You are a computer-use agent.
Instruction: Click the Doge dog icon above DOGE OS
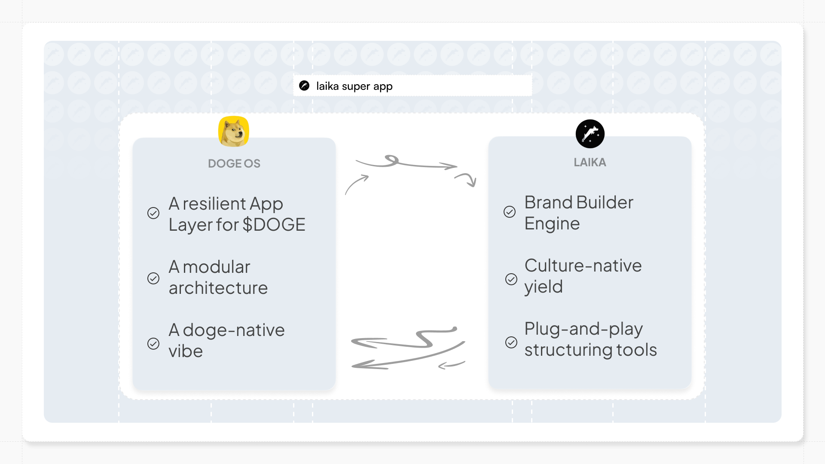(234, 131)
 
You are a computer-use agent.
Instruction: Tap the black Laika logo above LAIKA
(590, 134)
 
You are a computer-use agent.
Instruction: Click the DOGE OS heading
(234, 164)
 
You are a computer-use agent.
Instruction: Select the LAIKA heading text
(590, 162)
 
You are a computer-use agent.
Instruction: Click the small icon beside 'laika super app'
(304, 86)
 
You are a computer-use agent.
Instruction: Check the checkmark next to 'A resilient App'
(153, 213)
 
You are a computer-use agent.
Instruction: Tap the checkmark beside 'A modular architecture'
(153, 278)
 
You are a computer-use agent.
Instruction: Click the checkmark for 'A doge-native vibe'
(153, 344)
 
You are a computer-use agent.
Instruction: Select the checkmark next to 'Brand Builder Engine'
(510, 212)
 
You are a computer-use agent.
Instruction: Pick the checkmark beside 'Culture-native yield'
(511, 279)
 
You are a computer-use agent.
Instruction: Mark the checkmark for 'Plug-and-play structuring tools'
(511, 342)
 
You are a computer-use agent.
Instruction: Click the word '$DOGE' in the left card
(274, 225)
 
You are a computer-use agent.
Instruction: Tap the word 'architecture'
(218, 288)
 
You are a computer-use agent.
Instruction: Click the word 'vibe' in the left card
(186, 351)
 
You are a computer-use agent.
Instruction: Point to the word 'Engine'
(552, 224)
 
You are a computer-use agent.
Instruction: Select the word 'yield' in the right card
(544, 287)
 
